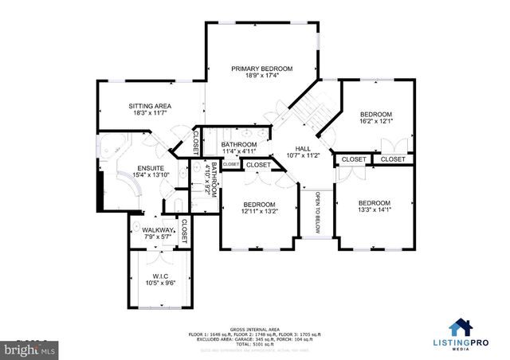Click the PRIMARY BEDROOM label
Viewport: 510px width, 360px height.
[262, 69]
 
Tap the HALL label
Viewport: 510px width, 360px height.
[303, 147]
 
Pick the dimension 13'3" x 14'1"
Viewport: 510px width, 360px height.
[374, 212]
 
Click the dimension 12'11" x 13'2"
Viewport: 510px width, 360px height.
[259, 212]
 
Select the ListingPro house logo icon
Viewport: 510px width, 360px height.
[460, 328]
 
